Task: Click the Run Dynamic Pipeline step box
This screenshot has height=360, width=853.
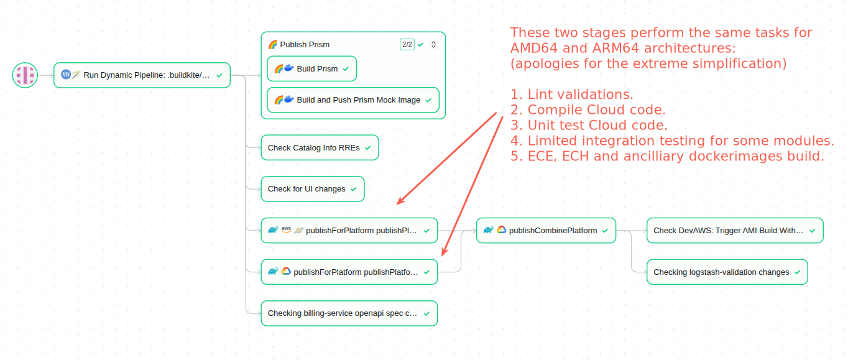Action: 142,75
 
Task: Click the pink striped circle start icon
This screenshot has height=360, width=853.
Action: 25,75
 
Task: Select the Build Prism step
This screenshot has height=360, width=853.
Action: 311,69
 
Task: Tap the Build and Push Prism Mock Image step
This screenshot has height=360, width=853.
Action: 353,100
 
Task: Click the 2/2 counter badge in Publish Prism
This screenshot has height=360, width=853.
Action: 407,45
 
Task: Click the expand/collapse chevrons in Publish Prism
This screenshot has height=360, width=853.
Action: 433,45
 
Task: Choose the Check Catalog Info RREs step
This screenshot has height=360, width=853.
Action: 319,148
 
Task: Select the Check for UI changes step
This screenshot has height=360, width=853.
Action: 312,189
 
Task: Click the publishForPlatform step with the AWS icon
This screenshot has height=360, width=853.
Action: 349,231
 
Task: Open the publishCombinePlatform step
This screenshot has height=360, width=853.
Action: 546,231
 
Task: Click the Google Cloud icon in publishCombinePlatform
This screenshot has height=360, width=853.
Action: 501,230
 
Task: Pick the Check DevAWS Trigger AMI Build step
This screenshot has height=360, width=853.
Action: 734,231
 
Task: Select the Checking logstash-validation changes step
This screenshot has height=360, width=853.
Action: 727,272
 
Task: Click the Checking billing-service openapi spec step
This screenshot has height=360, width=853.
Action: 349,313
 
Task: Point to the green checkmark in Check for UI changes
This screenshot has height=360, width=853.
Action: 354,189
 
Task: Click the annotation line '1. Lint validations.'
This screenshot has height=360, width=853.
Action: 571,95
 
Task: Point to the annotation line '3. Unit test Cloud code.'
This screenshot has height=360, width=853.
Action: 589,126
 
